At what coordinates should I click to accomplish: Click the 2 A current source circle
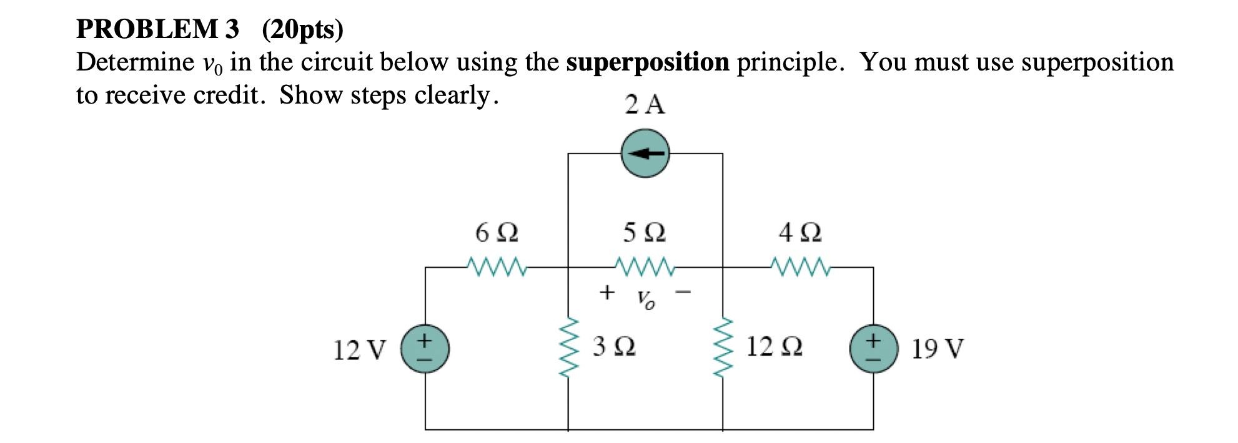(645, 153)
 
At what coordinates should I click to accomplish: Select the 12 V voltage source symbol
(425, 349)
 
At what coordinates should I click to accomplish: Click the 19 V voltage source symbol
(873, 349)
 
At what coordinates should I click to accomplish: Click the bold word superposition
(648, 62)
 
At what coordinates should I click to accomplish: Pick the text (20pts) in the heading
(302, 29)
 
